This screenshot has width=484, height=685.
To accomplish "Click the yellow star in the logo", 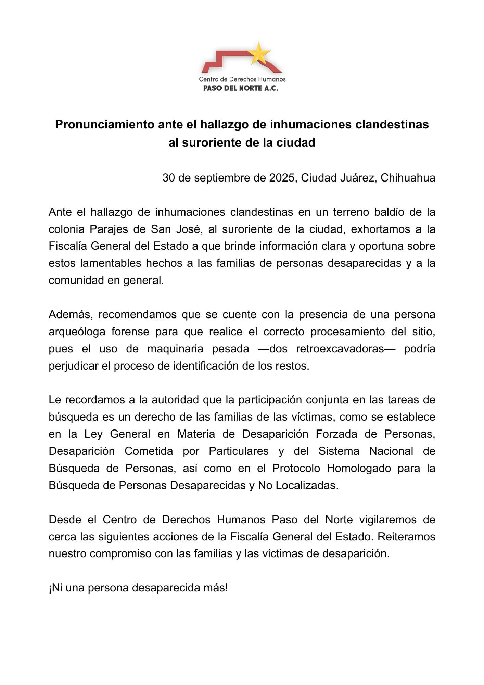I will (259, 54).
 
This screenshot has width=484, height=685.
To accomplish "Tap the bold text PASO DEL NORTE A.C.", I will (241, 88).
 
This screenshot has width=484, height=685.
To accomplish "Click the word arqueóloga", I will (75, 332).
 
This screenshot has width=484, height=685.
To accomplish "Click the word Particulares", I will (239, 451).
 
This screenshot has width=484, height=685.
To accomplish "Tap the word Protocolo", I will (296, 468).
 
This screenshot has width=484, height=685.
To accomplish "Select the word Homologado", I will (359, 468).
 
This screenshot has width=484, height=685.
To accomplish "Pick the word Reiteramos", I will (406, 537).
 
